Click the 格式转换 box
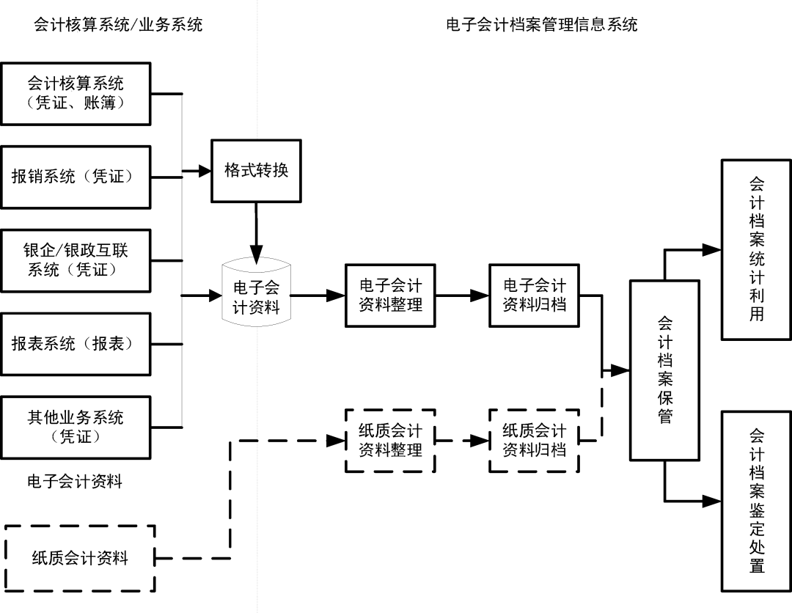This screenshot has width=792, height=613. point(256,171)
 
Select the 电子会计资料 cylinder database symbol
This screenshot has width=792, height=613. point(256,296)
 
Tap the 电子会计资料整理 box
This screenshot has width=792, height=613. point(390,295)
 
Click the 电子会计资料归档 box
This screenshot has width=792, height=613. point(534,295)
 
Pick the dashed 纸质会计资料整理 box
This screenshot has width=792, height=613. point(390,440)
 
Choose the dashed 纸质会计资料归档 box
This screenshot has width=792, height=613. point(534,440)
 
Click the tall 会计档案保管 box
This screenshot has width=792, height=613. point(665,370)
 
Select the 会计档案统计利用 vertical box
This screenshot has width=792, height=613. point(757,249)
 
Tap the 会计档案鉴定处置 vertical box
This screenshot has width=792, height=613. point(757,501)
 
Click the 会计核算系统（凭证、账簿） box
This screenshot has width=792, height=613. point(76,93)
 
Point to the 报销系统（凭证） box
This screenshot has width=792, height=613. point(76,177)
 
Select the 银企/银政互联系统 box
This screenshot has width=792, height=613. point(76,260)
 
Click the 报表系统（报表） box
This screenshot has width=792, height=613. point(76,344)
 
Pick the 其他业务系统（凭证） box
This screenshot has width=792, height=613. point(76,427)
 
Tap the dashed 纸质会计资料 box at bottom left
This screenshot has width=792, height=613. point(80,558)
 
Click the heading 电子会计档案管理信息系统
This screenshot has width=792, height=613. point(542,25)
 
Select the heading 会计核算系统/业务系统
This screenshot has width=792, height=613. point(118,25)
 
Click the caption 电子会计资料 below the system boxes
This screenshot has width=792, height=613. point(75,482)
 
